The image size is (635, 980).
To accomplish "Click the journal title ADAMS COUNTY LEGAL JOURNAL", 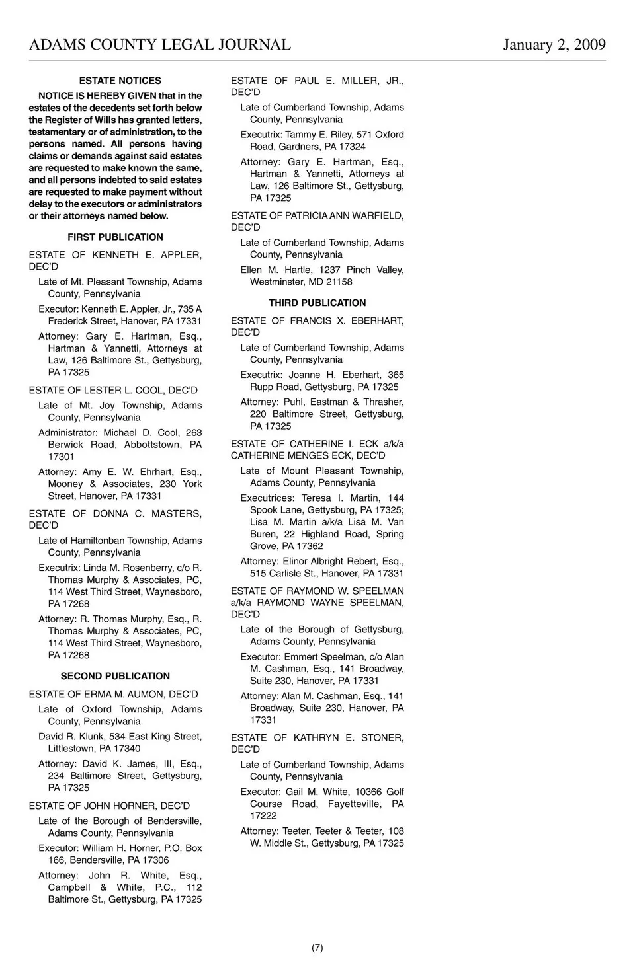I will (x=159, y=45).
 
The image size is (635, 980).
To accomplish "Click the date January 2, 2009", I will (x=554, y=45).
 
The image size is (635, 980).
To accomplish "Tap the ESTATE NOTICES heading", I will (x=120, y=81).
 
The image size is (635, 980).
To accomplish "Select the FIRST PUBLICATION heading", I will (x=115, y=237).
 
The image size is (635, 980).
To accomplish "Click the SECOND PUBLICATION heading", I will (x=115, y=676).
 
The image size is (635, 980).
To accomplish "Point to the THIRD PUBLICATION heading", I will (x=317, y=303).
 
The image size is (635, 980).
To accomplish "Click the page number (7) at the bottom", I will (x=317, y=948).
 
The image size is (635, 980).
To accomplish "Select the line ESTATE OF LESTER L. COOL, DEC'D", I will (x=113, y=391).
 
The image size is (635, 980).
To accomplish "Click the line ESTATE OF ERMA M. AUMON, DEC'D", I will (x=113, y=694).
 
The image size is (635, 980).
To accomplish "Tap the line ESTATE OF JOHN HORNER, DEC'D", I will (x=109, y=806).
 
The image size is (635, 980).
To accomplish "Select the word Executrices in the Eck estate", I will (x=267, y=498).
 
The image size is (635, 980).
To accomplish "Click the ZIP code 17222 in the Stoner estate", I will (x=263, y=816).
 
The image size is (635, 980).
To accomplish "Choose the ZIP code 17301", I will (x=61, y=457).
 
